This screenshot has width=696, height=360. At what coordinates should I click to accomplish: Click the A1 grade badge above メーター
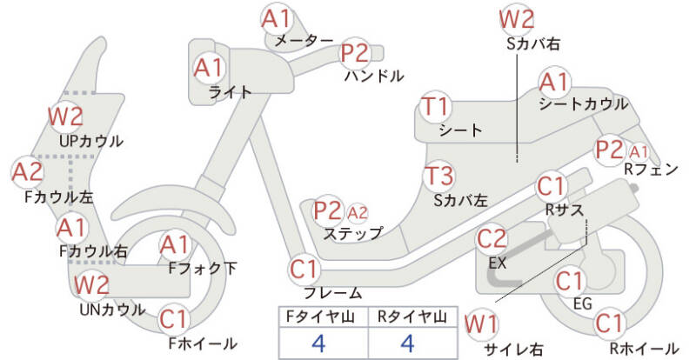(x=276, y=18)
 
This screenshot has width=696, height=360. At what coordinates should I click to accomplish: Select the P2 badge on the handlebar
(x=356, y=53)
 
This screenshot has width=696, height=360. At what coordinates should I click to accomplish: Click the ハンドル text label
(x=374, y=76)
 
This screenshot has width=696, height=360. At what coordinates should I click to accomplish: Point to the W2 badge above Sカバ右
(x=516, y=18)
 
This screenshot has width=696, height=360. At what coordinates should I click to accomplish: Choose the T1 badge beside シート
(x=436, y=107)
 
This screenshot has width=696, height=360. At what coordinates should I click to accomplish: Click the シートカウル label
(x=583, y=103)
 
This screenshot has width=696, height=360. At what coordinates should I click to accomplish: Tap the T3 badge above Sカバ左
(x=438, y=176)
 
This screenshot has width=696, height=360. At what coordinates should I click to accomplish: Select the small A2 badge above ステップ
(x=357, y=214)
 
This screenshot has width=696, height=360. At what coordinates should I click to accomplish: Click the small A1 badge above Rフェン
(x=639, y=152)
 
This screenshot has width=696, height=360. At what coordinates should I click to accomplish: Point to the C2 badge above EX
(x=492, y=238)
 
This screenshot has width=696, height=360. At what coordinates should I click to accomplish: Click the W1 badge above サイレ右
(x=481, y=324)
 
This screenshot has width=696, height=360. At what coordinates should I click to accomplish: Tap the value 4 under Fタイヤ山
(x=318, y=343)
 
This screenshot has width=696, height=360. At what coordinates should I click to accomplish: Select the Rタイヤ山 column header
(x=412, y=317)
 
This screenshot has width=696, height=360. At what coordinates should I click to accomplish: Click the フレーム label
(x=332, y=292)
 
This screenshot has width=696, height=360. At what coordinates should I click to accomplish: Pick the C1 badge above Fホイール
(x=174, y=319)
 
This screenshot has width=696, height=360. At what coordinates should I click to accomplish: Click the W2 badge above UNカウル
(x=91, y=284)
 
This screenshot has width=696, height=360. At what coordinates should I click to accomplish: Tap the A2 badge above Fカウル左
(x=27, y=172)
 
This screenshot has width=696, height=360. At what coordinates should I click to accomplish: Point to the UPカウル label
(x=91, y=141)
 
